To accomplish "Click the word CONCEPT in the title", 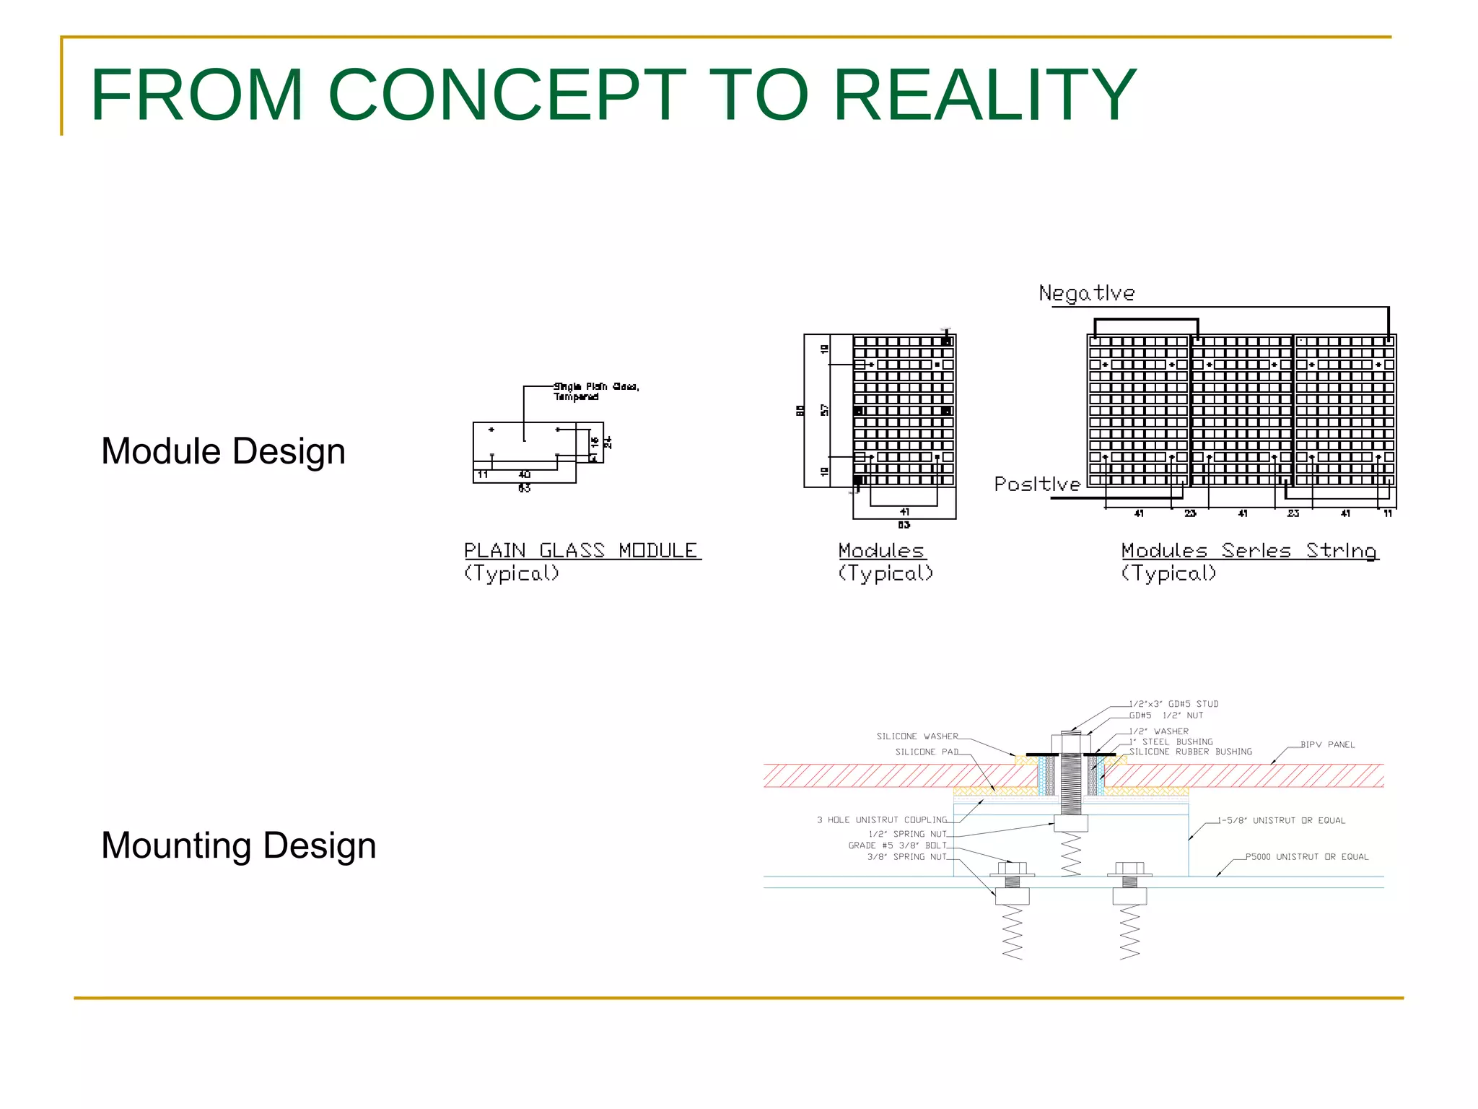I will (507, 95).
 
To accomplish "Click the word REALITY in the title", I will (985, 95).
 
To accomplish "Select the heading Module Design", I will (223, 451).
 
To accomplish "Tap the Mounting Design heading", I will (238, 845).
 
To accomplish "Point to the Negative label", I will (1086, 293).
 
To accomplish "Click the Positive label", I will (1037, 484).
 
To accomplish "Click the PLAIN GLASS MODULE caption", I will (581, 550).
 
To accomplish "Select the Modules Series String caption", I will (1249, 550).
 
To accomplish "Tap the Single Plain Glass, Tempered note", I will (595, 391).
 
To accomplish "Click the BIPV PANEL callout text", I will (1328, 744).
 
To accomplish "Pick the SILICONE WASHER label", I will (917, 736).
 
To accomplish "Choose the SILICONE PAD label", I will (927, 752).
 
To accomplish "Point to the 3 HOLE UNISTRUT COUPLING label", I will (882, 820).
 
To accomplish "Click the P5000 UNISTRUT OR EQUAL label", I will (1307, 857).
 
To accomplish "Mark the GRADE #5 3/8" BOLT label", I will (897, 845).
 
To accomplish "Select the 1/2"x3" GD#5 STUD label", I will (1174, 704).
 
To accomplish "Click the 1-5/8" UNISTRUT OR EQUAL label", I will (1282, 820).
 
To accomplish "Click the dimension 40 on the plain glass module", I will (525, 474).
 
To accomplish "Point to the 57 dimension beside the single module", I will (825, 410).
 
